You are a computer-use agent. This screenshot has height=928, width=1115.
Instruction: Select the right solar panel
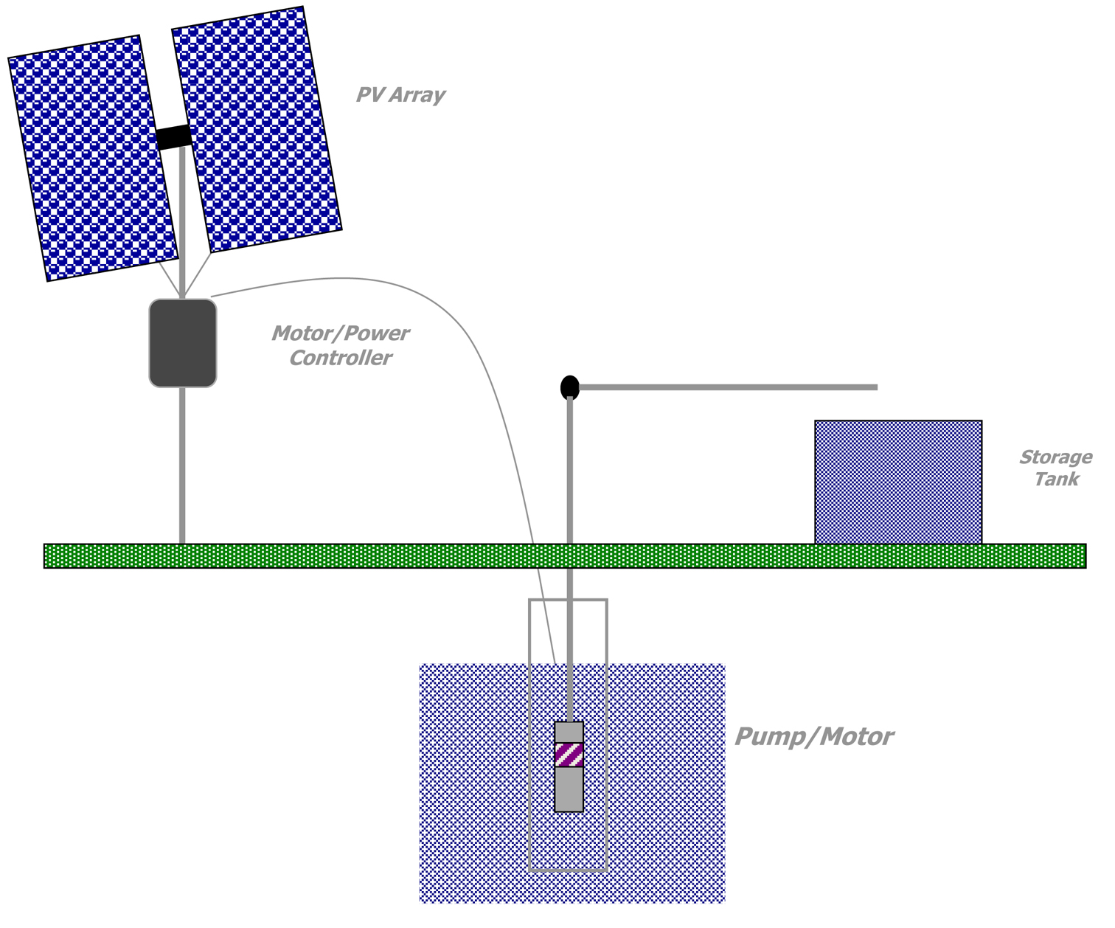[x=257, y=129]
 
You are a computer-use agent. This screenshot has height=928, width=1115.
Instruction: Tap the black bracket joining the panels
[x=174, y=137]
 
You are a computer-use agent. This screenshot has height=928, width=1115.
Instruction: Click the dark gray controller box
[x=183, y=342]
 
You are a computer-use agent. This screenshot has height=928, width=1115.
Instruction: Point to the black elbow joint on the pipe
[x=570, y=387]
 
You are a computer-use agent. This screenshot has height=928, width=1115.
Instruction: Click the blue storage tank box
[x=898, y=482]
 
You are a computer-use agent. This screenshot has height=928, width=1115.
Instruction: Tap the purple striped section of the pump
[x=569, y=755]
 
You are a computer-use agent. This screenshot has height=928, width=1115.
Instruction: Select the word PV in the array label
[x=371, y=95]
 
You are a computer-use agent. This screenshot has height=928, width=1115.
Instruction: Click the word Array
[x=417, y=95]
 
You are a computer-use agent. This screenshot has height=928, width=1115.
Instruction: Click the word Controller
[x=340, y=358]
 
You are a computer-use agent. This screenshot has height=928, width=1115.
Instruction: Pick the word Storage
[x=1056, y=457]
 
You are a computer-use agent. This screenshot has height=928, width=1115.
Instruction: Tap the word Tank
[x=1056, y=479]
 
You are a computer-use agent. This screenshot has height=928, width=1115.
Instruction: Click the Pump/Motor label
[x=814, y=736]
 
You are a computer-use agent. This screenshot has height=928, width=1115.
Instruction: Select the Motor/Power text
[x=340, y=333]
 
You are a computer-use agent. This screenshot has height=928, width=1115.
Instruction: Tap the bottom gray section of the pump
[x=569, y=789]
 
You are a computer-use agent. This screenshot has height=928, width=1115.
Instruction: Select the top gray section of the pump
[x=569, y=732]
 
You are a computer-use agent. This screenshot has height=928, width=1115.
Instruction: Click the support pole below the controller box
[x=182, y=465]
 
